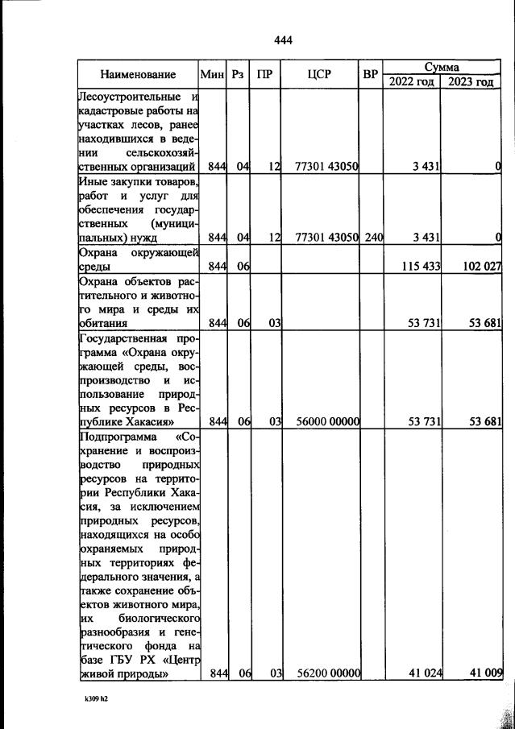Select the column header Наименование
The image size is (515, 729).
tap(138, 75)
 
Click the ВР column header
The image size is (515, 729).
tap(371, 75)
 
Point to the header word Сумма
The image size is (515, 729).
tap(441, 67)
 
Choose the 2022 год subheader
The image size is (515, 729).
tap(411, 82)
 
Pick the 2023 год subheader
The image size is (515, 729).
tap(471, 82)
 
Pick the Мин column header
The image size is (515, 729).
tap(211, 75)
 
